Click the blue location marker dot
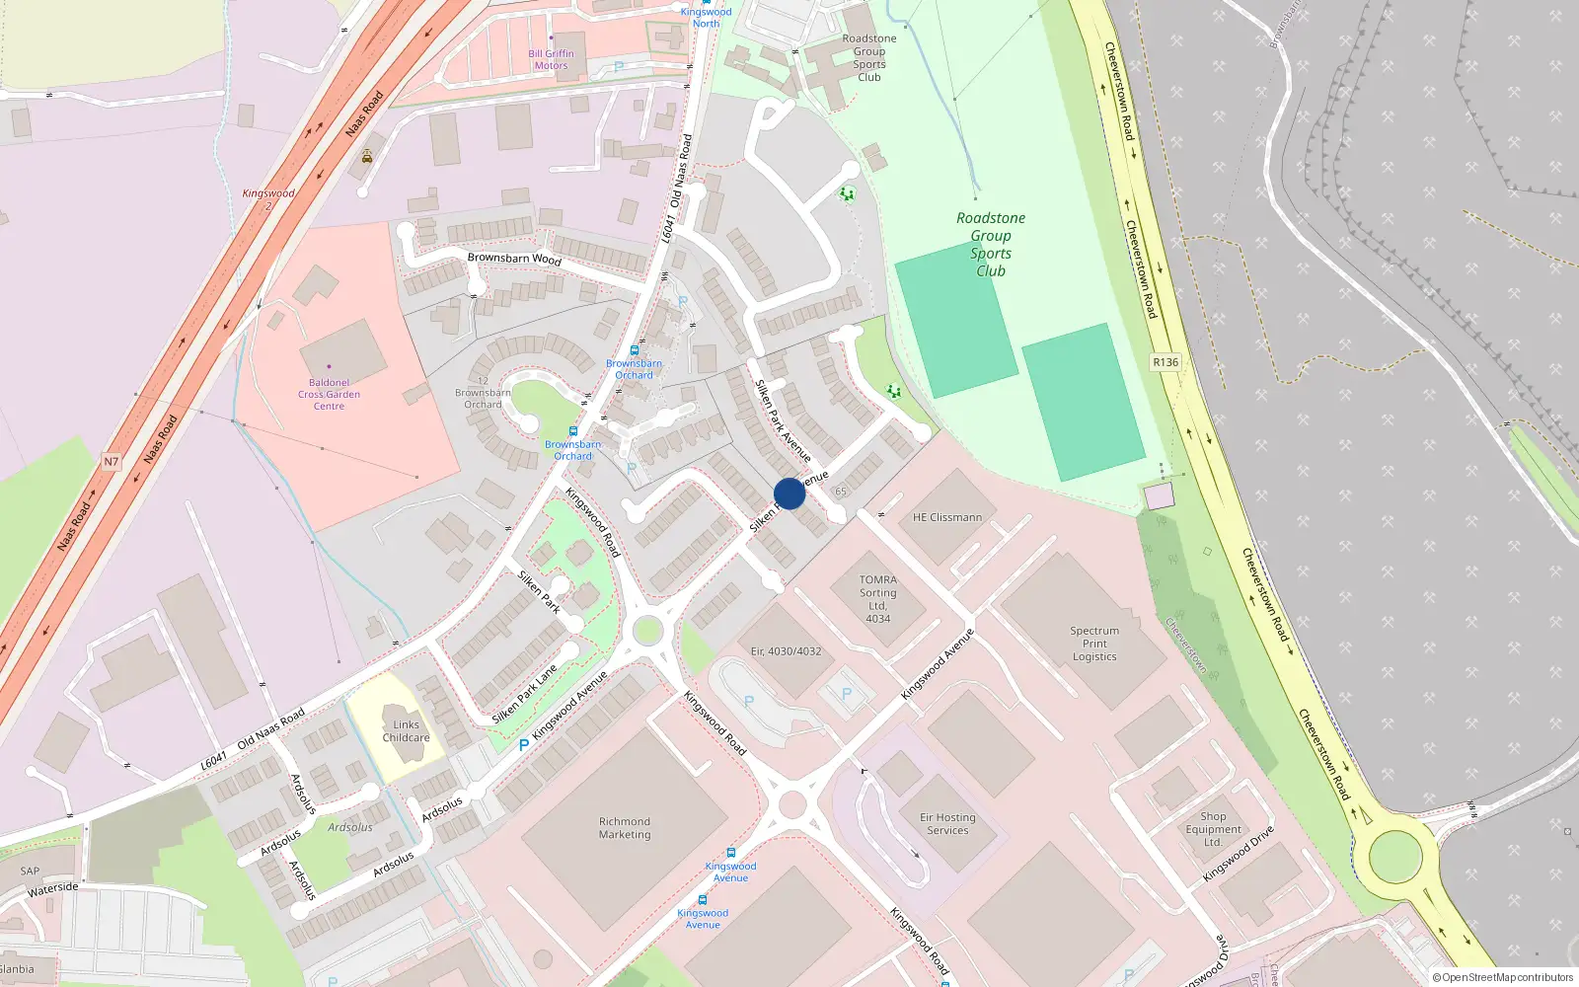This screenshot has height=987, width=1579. tap(789, 493)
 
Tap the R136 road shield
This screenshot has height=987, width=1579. tap(1165, 362)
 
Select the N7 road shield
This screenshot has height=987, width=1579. tap(112, 461)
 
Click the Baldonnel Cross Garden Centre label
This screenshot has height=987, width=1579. tap(329, 394)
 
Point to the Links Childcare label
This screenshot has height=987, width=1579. tap(406, 731)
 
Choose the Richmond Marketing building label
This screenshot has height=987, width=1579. tap(625, 828)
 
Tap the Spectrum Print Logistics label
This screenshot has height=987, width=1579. tap(1094, 644)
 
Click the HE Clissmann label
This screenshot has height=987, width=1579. tap(947, 517)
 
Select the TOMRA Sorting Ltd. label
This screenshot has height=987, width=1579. tap(877, 599)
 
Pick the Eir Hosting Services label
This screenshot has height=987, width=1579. tap(947, 824)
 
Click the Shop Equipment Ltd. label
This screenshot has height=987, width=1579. tap(1213, 829)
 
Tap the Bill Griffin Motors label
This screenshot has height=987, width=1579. tap(551, 60)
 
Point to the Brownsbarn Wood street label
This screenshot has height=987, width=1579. tap(514, 259)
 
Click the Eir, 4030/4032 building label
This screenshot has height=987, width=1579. tap(786, 651)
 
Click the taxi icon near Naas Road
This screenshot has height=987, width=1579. tap(367, 156)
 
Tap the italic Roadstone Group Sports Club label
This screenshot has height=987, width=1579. tap(990, 245)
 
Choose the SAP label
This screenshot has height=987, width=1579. tap(30, 871)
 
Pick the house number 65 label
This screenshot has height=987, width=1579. tap(841, 491)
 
